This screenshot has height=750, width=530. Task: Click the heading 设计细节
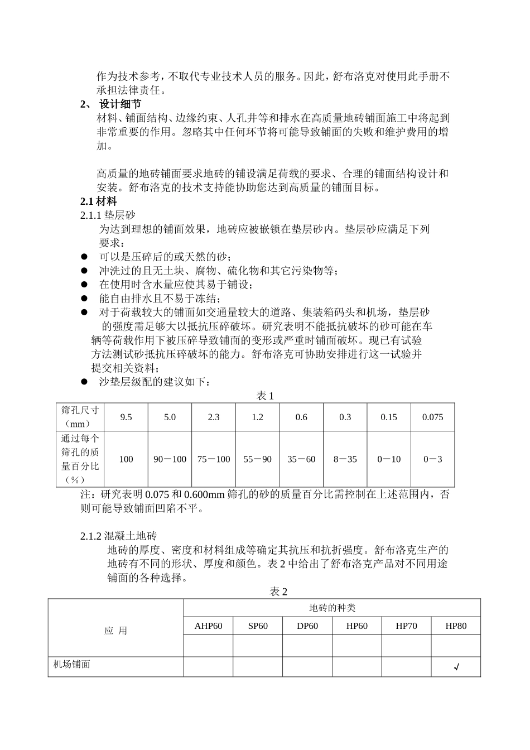click(x=120, y=104)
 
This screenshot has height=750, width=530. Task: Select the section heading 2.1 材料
click(x=99, y=201)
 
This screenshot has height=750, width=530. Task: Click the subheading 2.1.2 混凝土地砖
click(x=119, y=536)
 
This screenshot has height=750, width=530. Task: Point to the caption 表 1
click(x=265, y=396)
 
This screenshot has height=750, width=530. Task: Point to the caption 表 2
click(x=278, y=592)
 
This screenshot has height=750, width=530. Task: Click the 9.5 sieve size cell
click(x=126, y=417)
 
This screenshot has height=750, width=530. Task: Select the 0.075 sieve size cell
click(x=432, y=417)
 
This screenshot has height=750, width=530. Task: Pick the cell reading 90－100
click(x=170, y=459)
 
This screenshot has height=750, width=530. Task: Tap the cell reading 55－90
click(x=257, y=459)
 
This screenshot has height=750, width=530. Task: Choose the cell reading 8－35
click(x=345, y=459)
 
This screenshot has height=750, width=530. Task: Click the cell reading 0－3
click(x=432, y=459)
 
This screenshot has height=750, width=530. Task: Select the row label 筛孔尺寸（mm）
click(x=80, y=417)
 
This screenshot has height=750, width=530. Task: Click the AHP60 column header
click(x=208, y=626)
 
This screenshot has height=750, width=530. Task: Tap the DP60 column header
click(x=307, y=626)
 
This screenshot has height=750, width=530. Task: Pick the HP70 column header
click(x=406, y=626)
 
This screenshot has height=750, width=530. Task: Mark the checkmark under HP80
click(x=456, y=667)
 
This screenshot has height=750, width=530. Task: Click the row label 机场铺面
click(x=72, y=665)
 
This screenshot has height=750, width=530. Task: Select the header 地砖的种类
click(x=332, y=608)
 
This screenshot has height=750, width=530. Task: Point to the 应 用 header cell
click(x=115, y=631)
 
